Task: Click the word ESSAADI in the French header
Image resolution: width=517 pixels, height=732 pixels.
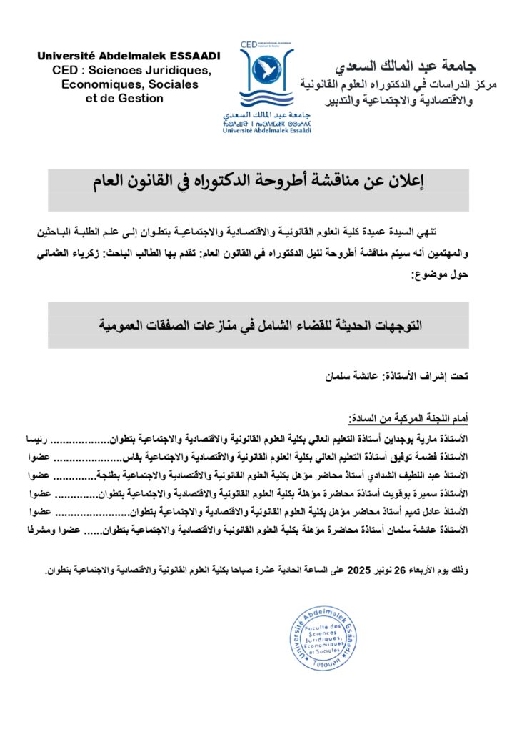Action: tap(192, 56)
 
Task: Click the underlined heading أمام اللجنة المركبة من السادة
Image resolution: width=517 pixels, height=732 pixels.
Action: tap(408, 417)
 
